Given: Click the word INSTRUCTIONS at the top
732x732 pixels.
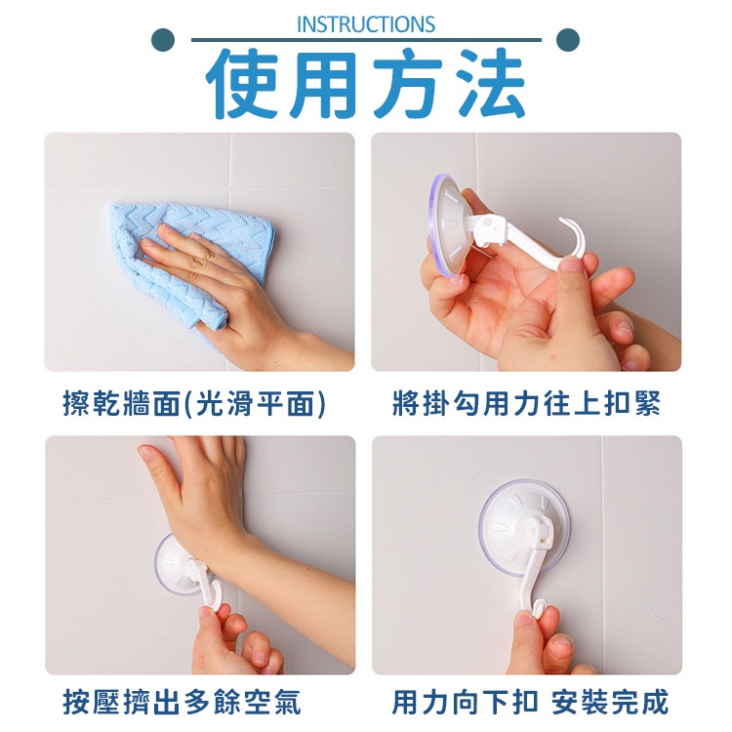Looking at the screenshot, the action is (x=366, y=24).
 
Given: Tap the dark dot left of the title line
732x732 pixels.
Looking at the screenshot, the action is (x=163, y=40).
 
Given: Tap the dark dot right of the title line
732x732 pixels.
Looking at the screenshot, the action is (x=568, y=40).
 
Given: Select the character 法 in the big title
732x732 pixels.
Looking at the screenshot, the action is (x=490, y=83).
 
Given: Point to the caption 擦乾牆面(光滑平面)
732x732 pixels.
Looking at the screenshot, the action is (x=194, y=403).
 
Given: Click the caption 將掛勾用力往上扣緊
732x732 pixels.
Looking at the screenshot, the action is (x=527, y=403).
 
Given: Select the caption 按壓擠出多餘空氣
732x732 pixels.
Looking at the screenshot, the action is (x=183, y=702).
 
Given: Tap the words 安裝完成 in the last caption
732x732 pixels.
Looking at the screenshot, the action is (x=609, y=702).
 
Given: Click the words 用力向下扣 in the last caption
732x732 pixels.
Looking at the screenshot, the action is (x=465, y=702).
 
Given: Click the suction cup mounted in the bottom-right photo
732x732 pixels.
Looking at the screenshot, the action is (x=524, y=526).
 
